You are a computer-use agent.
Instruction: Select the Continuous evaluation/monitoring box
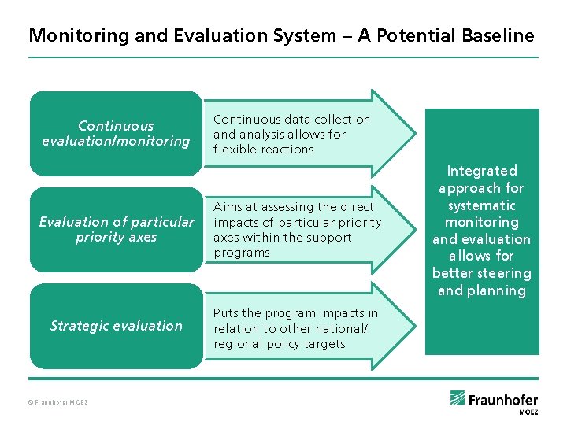(x=116, y=134)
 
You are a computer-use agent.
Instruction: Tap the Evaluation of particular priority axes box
(x=116, y=229)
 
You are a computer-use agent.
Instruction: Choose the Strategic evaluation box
(x=116, y=326)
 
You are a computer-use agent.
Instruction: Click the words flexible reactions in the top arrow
(x=264, y=150)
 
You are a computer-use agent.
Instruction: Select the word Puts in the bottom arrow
(x=227, y=313)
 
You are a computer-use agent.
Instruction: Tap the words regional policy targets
(x=280, y=344)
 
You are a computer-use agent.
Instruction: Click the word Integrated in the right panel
(x=482, y=171)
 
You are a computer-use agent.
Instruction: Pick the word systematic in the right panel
(x=482, y=205)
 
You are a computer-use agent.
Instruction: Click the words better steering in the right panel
(x=482, y=273)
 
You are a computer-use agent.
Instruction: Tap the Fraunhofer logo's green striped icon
(x=458, y=398)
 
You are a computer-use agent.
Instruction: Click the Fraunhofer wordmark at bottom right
(x=504, y=400)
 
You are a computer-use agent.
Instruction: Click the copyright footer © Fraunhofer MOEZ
(x=58, y=403)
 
